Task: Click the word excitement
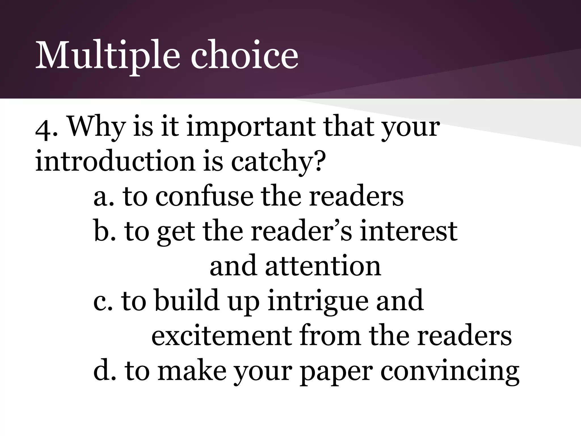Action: (x=222, y=336)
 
